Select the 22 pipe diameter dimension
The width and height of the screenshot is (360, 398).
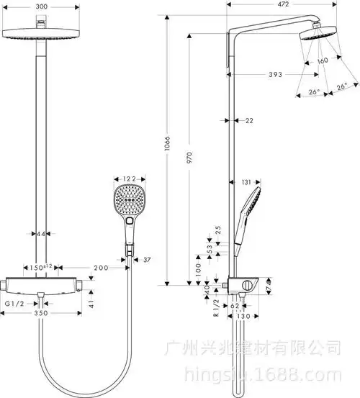pyautogui.click(x=249, y=121)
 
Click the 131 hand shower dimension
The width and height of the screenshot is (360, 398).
pyautogui.click(x=247, y=182)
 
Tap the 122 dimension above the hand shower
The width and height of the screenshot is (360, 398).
pyautogui.click(x=130, y=178)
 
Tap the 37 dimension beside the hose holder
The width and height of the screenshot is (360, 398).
pyautogui.click(x=146, y=259)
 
